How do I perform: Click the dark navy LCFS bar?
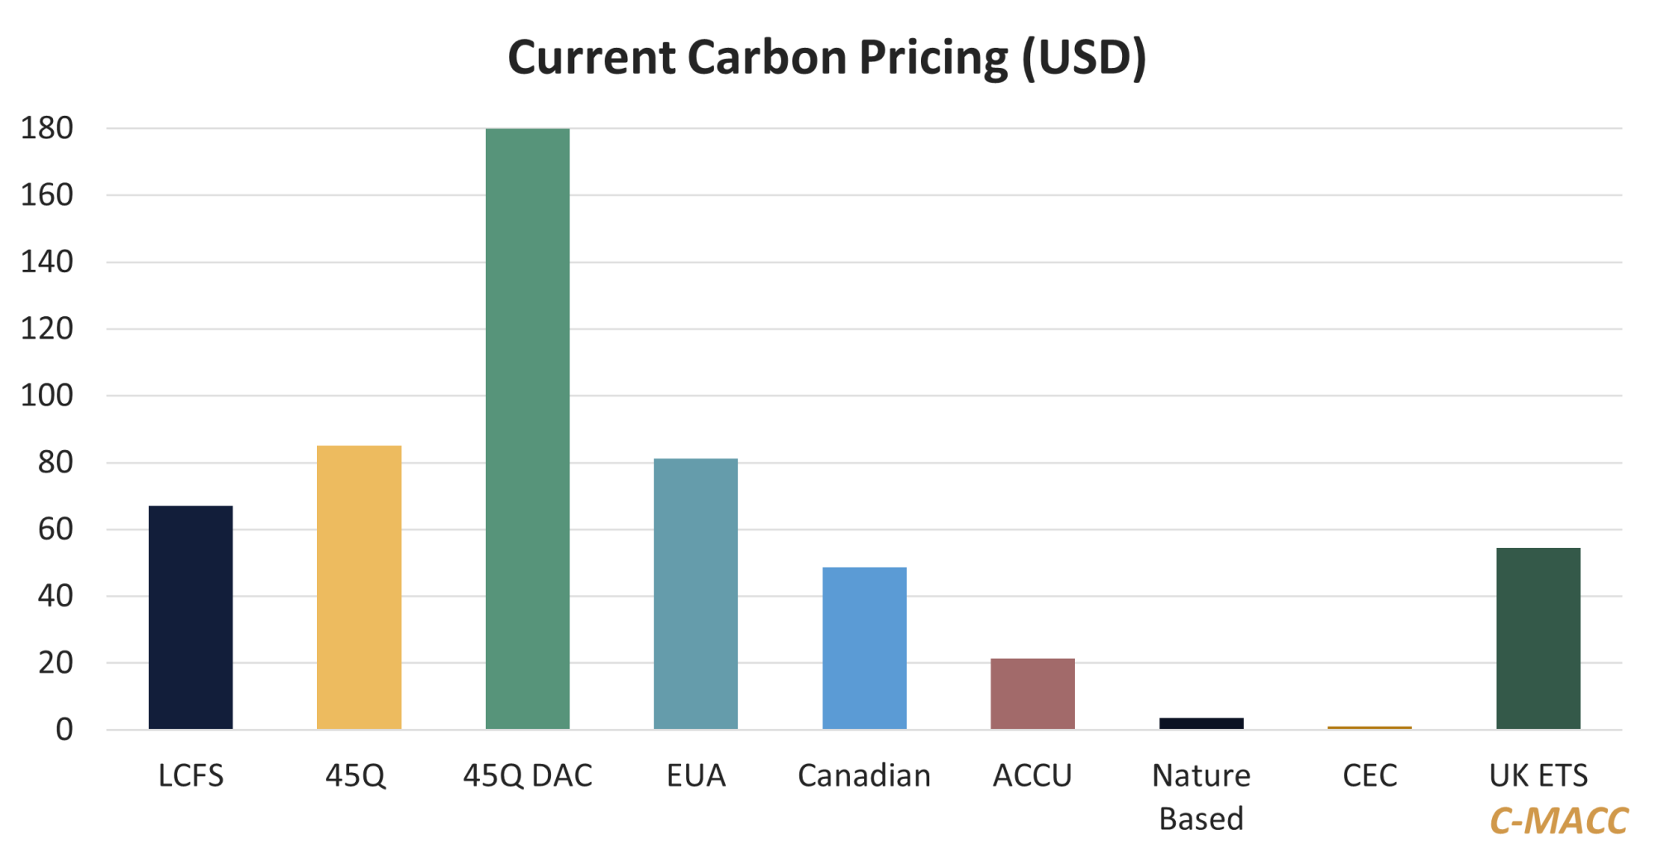tap(190, 617)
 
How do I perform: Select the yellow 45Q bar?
tap(359, 587)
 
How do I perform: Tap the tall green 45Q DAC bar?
tap(527, 429)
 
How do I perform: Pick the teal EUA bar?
tap(695, 593)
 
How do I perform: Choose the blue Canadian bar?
tap(864, 648)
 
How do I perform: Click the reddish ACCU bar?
tap(1032, 693)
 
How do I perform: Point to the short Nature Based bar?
tap(1201, 723)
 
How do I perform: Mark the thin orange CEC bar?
tap(1370, 727)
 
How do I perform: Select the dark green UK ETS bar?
tap(1537, 638)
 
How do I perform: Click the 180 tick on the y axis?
tap(47, 128)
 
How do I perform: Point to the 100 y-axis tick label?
tap(47, 396)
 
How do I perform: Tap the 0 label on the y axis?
tap(64, 730)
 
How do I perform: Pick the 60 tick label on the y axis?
tap(55, 530)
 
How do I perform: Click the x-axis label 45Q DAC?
tap(527, 776)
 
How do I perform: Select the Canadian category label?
tap(864, 776)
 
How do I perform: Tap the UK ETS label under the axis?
tap(1537, 776)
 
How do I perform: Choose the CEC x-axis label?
tap(1370, 776)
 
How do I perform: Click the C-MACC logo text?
tap(1558, 821)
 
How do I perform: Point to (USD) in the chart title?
tap(1084, 58)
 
